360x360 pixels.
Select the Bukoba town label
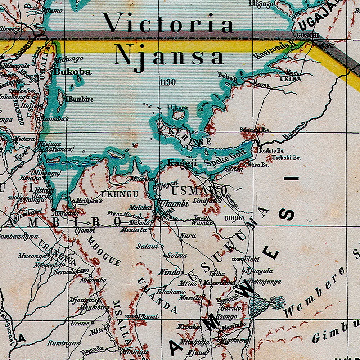73,72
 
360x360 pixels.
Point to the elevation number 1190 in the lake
168,82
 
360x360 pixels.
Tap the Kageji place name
182,163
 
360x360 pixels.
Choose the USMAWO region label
199,190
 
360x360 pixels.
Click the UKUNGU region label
120,194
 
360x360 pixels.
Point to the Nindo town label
169,273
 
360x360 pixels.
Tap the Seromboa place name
65,272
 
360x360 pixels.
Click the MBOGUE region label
104,251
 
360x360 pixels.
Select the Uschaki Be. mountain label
286,157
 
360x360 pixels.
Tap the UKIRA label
291,78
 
